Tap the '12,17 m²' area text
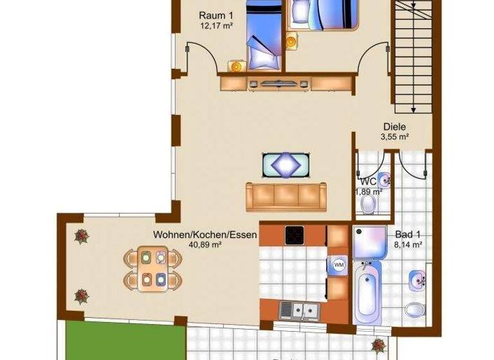216,26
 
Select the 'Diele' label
394,127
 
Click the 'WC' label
368,181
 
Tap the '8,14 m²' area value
408,245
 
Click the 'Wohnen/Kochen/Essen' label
205,235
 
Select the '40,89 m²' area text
205,245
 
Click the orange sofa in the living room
286,196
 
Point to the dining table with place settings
152,269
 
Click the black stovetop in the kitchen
295,235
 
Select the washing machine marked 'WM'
338,264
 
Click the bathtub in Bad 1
367,294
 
